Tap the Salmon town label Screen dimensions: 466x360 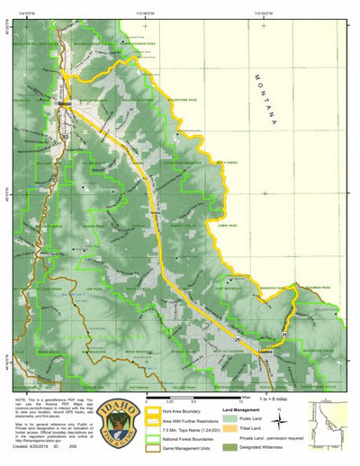point(64,103)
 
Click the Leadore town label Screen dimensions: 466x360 point(265,332)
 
